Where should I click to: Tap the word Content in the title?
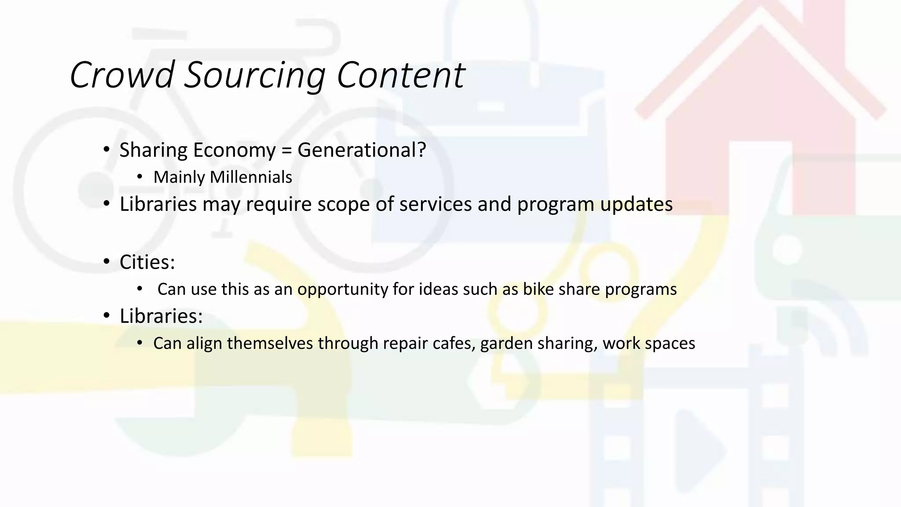click(400, 75)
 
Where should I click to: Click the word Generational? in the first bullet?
click(362, 150)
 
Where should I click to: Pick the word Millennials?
click(251, 177)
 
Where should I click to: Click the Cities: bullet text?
click(147, 262)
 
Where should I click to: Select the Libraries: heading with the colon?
click(161, 316)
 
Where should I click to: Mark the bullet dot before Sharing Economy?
click(106, 151)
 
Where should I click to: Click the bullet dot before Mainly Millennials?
click(140, 177)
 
